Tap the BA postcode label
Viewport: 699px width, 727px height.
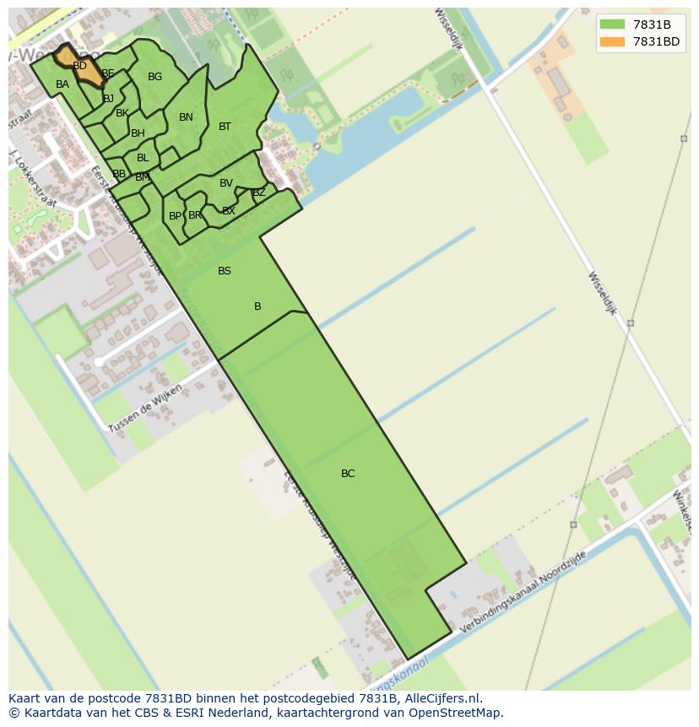tap(62, 84)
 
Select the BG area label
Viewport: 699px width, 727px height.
tap(154, 77)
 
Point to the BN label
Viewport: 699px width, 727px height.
tap(186, 117)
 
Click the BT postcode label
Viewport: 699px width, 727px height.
tap(225, 127)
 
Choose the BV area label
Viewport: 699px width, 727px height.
tap(226, 183)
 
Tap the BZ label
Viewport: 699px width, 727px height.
tap(259, 193)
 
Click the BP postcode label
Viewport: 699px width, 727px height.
tap(175, 216)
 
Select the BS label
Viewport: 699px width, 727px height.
tap(225, 271)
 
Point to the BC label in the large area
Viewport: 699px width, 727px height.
tap(348, 474)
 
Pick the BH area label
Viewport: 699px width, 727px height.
tap(138, 133)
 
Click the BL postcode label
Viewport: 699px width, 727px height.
tap(143, 158)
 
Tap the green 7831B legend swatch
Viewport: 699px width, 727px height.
tap(612, 24)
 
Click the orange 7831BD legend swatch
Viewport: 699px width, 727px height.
tap(612, 41)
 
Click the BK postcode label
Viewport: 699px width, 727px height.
tap(122, 113)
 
